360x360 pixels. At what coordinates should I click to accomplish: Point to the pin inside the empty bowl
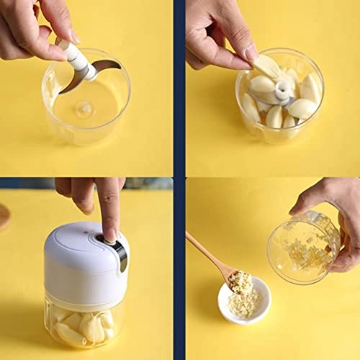pos(86,109)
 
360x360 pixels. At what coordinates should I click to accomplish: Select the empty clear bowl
pos(86,101)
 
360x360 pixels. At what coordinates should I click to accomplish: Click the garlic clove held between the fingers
pos(267,66)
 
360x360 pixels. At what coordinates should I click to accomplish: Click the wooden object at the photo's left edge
pos(4,216)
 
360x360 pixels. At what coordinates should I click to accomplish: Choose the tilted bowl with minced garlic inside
pos(302,248)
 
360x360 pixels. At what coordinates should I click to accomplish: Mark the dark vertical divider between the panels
pos(179,180)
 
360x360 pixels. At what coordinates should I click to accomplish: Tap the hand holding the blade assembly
pos(40,29)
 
